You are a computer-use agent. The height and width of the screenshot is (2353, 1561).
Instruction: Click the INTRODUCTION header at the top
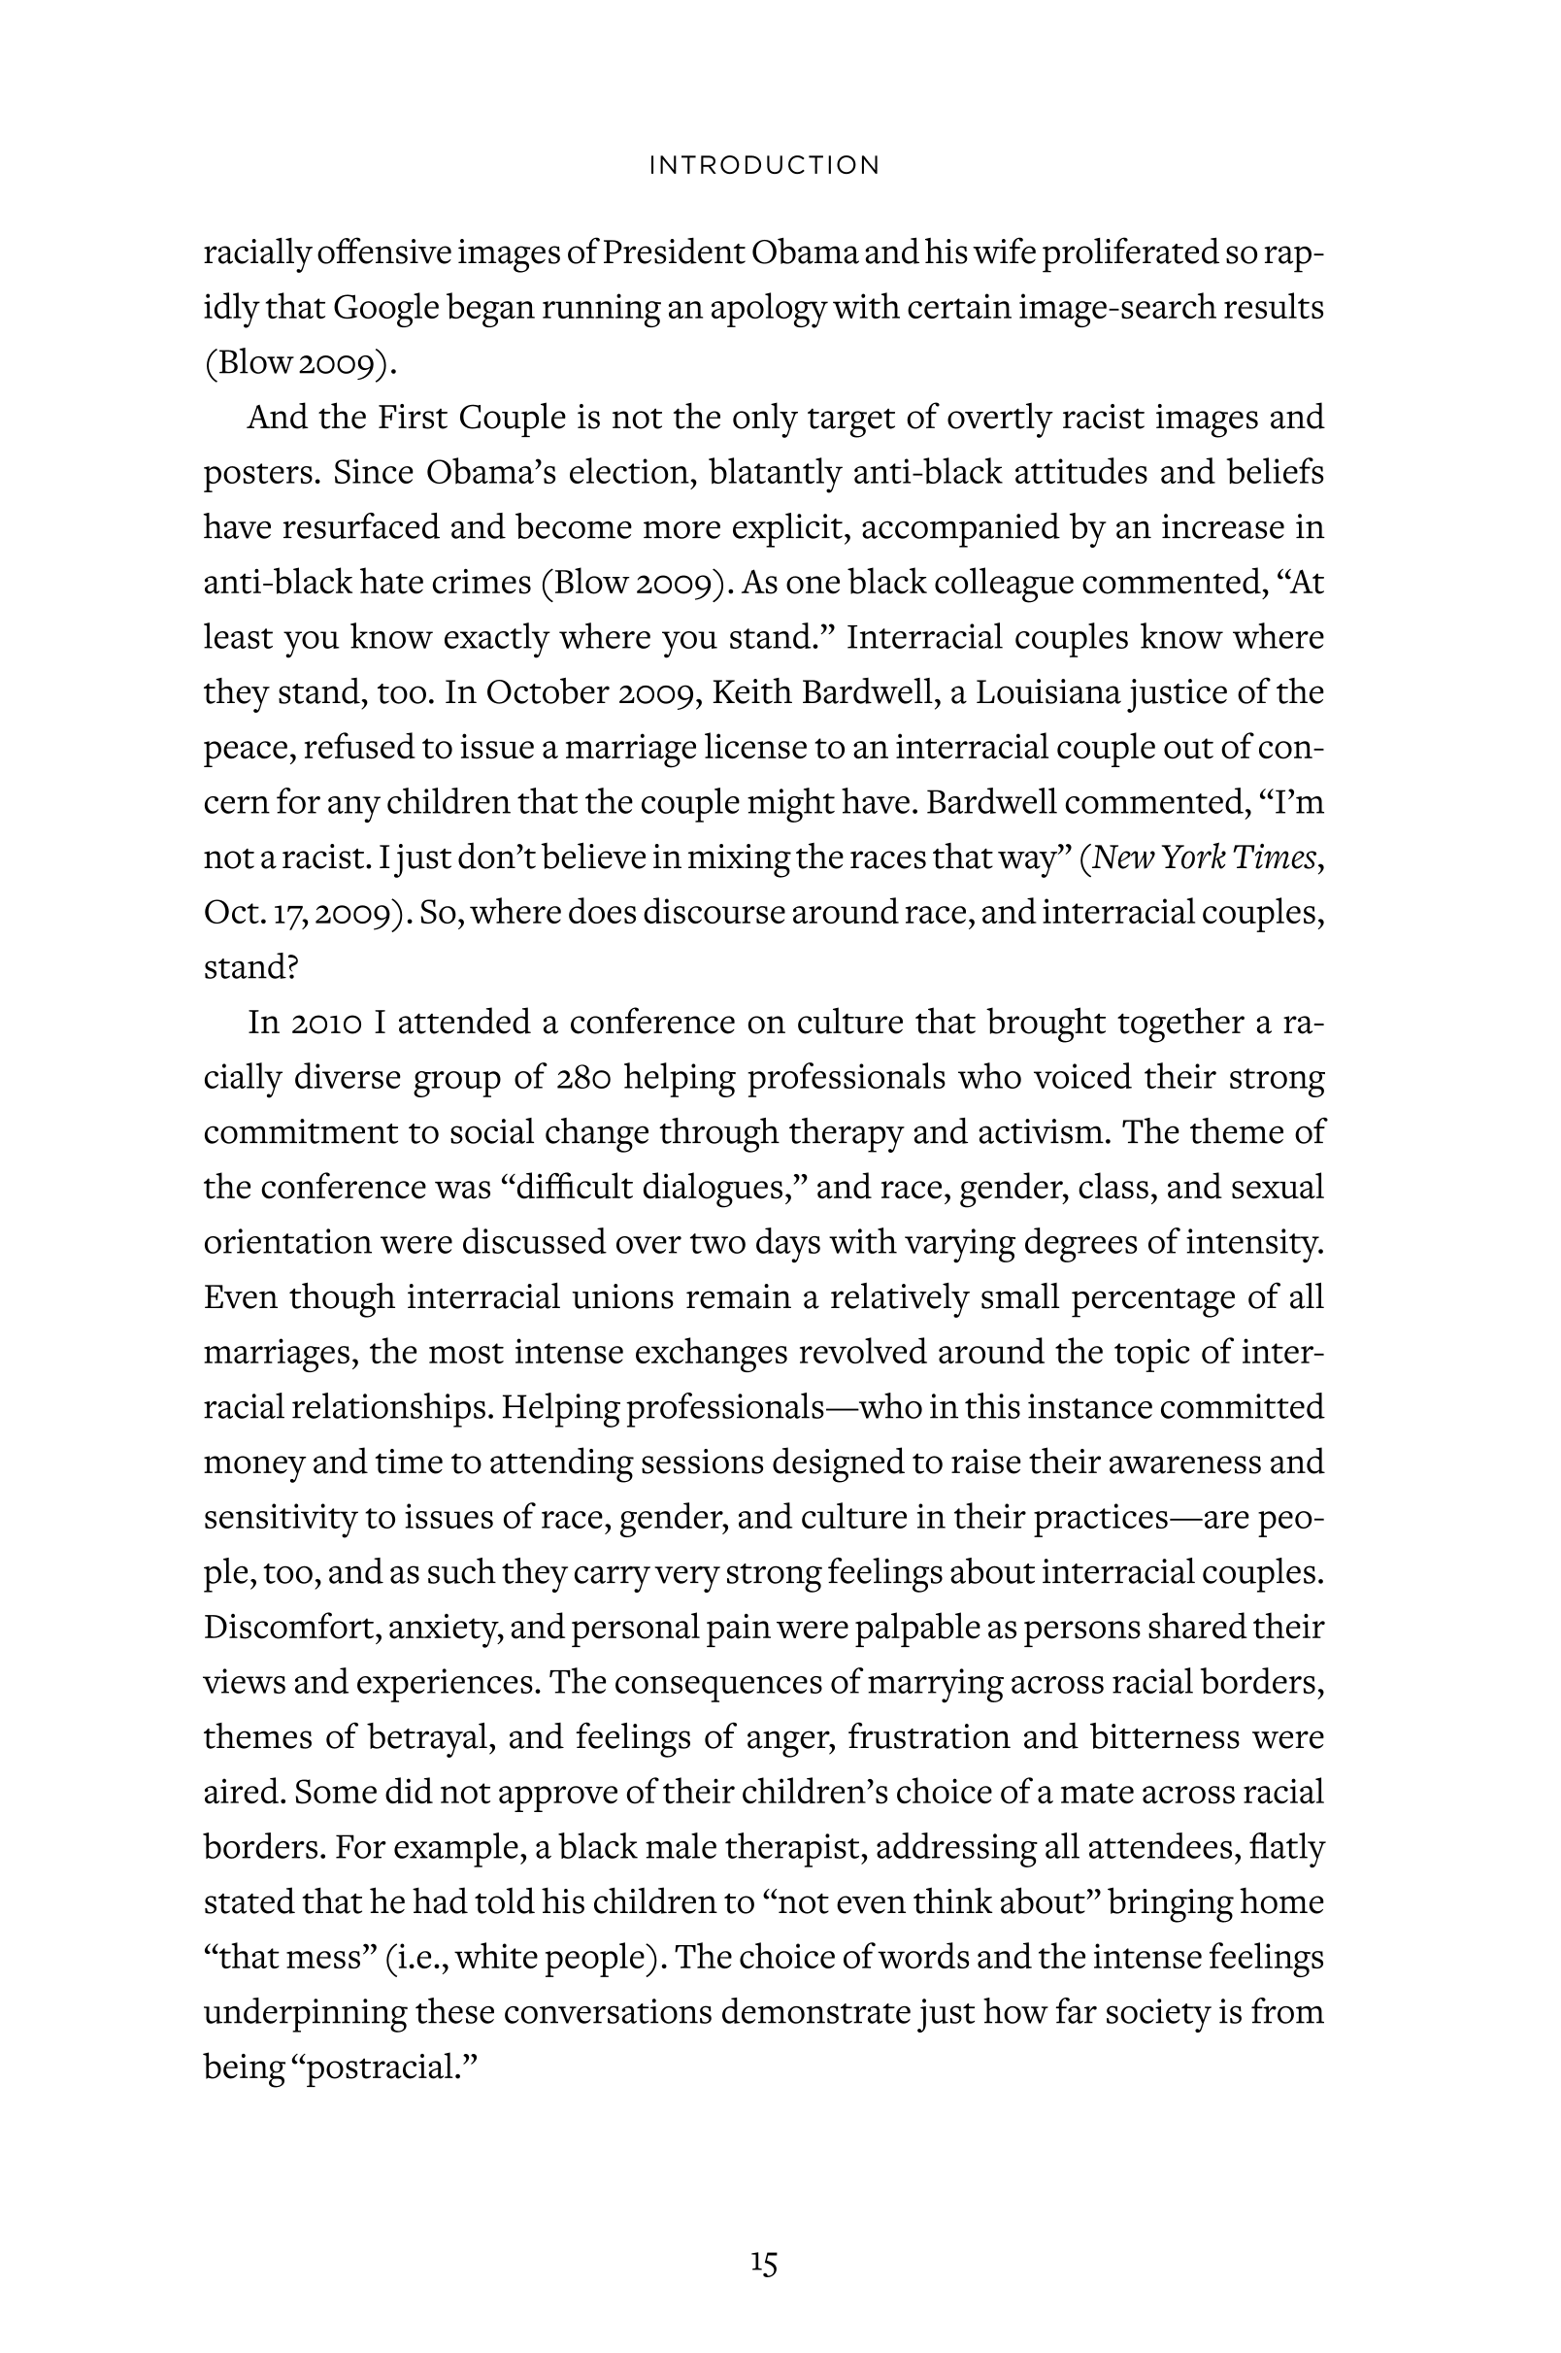click(764, 165)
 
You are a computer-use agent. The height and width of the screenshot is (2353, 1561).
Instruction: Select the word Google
click(385, 308)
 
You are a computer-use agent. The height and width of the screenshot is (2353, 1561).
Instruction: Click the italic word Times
click(1277, 857)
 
